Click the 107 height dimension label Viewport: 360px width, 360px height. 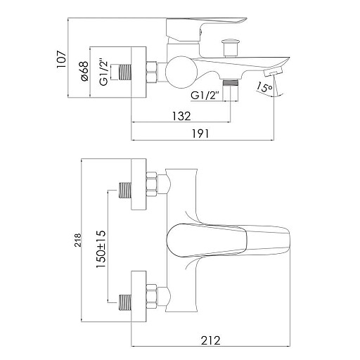61,60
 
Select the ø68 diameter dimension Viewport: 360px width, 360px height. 84,71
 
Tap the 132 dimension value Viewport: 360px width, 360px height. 181,116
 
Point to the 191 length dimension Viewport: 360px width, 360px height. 200,134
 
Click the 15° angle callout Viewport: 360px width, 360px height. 264,87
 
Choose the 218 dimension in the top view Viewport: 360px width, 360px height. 77,240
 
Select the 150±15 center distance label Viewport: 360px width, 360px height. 101,249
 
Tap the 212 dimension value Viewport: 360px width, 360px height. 211,340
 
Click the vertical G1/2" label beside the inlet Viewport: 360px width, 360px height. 103,72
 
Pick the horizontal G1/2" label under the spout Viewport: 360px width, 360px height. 205,96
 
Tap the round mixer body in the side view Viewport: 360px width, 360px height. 181,72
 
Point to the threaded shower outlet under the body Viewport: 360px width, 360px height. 230,90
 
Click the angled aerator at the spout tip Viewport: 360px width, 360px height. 273,72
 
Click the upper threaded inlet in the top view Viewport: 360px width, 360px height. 124,190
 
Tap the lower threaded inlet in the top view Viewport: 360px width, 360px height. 124,302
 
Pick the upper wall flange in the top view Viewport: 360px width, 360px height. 139,184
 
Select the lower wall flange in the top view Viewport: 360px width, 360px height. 139,297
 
